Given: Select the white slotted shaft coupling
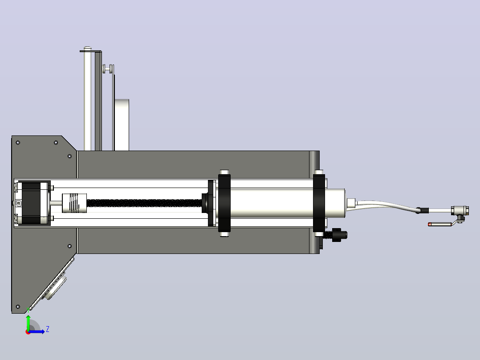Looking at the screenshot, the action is pos(74,203).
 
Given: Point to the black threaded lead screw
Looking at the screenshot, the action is pos(144,203).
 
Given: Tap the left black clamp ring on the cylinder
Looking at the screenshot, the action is pos(224,203).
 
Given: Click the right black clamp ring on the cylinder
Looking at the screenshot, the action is pos(319,203).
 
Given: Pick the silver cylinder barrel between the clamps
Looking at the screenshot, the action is pos(272,203).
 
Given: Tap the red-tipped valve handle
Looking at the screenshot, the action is pos(440,224).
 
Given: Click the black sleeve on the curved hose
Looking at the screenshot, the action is pos(423,211).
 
